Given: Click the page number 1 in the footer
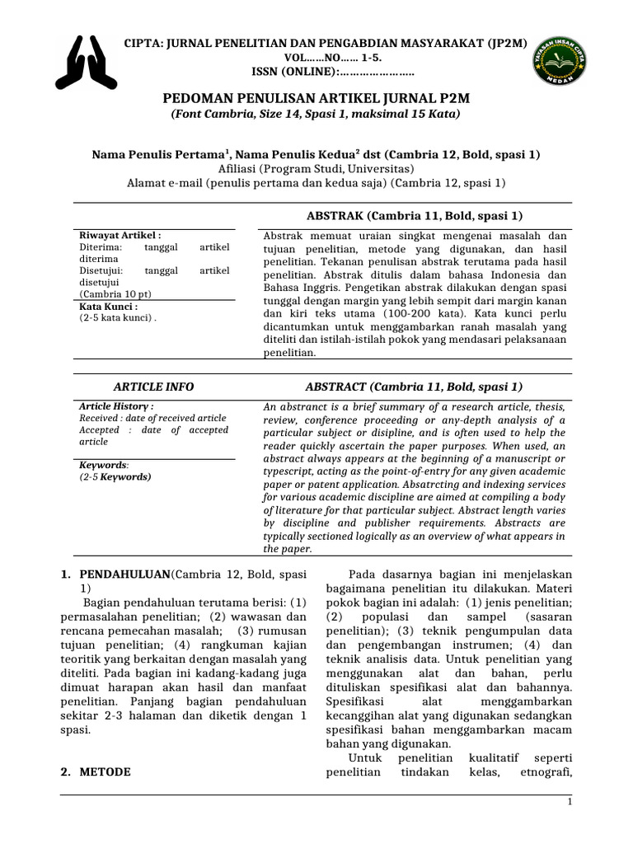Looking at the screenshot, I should (x=570, y=802).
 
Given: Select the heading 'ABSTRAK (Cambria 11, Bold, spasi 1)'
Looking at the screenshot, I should (x=414, y=216).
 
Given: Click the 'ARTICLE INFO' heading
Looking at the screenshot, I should (x=153, y=387).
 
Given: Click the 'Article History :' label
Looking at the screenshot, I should (x=116, y=406).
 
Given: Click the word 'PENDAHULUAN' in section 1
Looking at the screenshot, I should (x=124, y=574).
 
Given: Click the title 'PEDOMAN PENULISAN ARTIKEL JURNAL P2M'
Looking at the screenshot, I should (x=315, y=99).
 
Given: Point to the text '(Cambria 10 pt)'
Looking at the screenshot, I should (x=115, y=293).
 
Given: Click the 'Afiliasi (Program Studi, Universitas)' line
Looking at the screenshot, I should (x=316, y=168).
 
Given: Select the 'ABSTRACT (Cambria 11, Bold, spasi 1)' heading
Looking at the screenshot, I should (x=414, y=387).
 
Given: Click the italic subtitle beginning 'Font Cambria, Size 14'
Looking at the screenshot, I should (x=315, y=114).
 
